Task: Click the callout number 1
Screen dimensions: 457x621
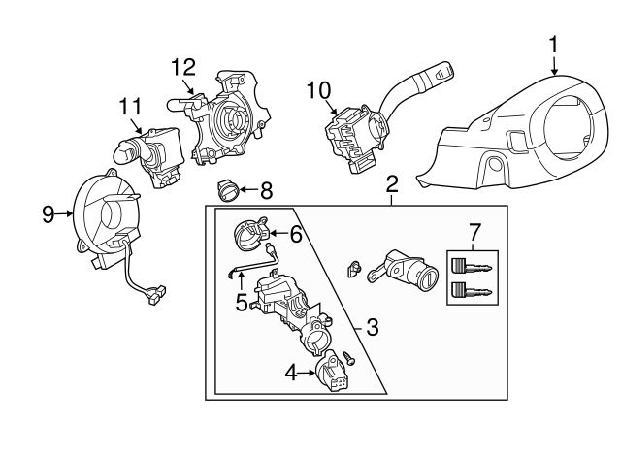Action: pyautogui.click(x=553, y=44)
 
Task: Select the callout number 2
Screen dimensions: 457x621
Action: pyautogui.click(x=392, y=183)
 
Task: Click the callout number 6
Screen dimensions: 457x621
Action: pyautogui.click(x=296, y=234)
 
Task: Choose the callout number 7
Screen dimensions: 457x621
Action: pyautogui.click(x=474, y=233)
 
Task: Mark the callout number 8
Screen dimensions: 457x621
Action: pyautogui.click(x=266, y=190)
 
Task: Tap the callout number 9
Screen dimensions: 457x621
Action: pyautogui.click(x=49, y=213)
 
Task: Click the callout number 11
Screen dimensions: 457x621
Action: pyautogui.click(x=131, y=106)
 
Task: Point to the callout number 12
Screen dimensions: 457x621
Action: pyautogui.click(x=183, y=67)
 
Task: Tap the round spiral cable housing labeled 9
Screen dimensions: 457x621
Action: pyautogui.click(x=109, y=213)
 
